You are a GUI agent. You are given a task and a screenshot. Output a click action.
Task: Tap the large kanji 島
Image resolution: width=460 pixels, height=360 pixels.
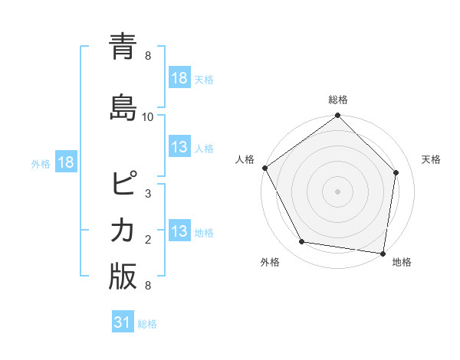pos(123,105)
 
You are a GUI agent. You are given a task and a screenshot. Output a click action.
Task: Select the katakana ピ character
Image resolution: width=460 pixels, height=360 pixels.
pos(123,185)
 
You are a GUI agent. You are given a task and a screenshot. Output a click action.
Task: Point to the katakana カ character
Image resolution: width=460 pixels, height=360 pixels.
pos(123,229)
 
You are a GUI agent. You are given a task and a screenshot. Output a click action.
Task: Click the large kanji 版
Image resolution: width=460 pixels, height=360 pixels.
pos(123,277)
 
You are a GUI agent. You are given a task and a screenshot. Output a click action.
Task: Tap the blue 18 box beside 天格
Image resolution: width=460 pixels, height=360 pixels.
pos(179,78)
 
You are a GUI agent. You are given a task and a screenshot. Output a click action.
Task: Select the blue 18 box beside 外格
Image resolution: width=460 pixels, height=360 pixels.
pos(65,162)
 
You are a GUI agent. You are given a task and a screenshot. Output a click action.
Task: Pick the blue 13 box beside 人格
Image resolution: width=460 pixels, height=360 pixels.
pos(179,147)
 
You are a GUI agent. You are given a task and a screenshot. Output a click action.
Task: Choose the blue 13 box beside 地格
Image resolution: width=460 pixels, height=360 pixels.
pos(179,231)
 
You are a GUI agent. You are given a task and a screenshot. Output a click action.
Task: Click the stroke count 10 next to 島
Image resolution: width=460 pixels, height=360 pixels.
pos(148,116)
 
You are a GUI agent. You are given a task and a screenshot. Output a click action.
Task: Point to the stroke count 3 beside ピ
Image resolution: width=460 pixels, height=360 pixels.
pos(148,193)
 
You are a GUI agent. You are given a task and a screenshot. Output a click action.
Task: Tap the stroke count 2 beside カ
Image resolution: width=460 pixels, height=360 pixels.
pos(148,240)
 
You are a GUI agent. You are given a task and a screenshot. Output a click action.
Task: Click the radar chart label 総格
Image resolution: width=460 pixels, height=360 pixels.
pos(338,100)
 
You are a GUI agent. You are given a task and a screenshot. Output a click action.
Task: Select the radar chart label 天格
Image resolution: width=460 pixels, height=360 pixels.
pos(431,159)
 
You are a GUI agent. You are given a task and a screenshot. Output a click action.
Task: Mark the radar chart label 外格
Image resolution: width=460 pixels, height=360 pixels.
pos(270,262)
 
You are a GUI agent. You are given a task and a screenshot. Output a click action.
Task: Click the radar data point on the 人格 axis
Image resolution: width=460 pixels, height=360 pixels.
pos(265,168)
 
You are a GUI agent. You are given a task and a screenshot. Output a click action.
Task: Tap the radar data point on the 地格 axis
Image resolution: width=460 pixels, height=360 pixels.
pos(383,252)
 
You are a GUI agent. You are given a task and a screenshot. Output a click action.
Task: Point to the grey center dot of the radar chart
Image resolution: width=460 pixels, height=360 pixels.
pos(338,191)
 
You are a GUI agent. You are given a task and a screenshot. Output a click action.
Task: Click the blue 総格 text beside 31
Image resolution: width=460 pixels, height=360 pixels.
pos(147,324)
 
